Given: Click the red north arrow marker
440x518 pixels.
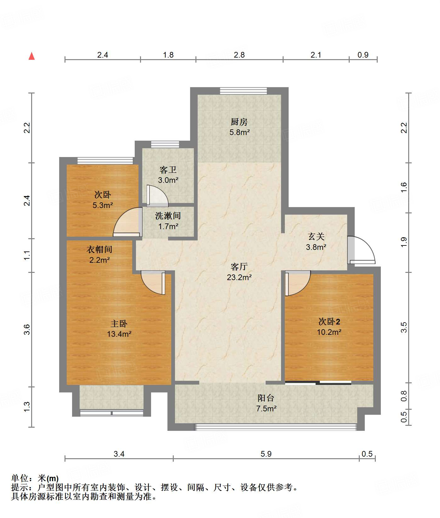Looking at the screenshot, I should [x=31, y=56].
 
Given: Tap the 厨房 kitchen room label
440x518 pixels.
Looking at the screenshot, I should [x=239, y=122].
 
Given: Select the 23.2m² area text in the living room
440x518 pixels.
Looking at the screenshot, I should [x=239, y=277].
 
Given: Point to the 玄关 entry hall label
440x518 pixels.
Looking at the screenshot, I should [x=316, y=237].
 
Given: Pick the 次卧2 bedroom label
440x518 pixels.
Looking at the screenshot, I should [x=329, y=322].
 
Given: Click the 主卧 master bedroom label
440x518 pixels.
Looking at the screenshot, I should [x=119, y=324].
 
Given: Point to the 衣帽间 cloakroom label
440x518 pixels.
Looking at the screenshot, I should [x=99, y=250].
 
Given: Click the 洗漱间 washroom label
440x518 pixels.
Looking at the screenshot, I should [x=168, y=216].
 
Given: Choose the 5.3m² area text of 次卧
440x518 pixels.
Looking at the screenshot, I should [x=103, y=205].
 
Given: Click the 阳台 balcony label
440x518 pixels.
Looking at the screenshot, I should [x=266, y=398].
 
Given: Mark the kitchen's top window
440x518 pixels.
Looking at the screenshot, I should [x=243, y=91].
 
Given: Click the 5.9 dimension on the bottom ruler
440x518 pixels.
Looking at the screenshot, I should [x=266, y=454].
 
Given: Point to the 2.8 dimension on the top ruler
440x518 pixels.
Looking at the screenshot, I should [x=239, y=55].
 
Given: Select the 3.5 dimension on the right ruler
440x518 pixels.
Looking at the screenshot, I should [x=404, y=327].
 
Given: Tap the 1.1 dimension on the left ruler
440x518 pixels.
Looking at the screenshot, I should [x=27, y=255].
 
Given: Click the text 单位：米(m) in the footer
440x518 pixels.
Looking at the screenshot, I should [x=35, y=478].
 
